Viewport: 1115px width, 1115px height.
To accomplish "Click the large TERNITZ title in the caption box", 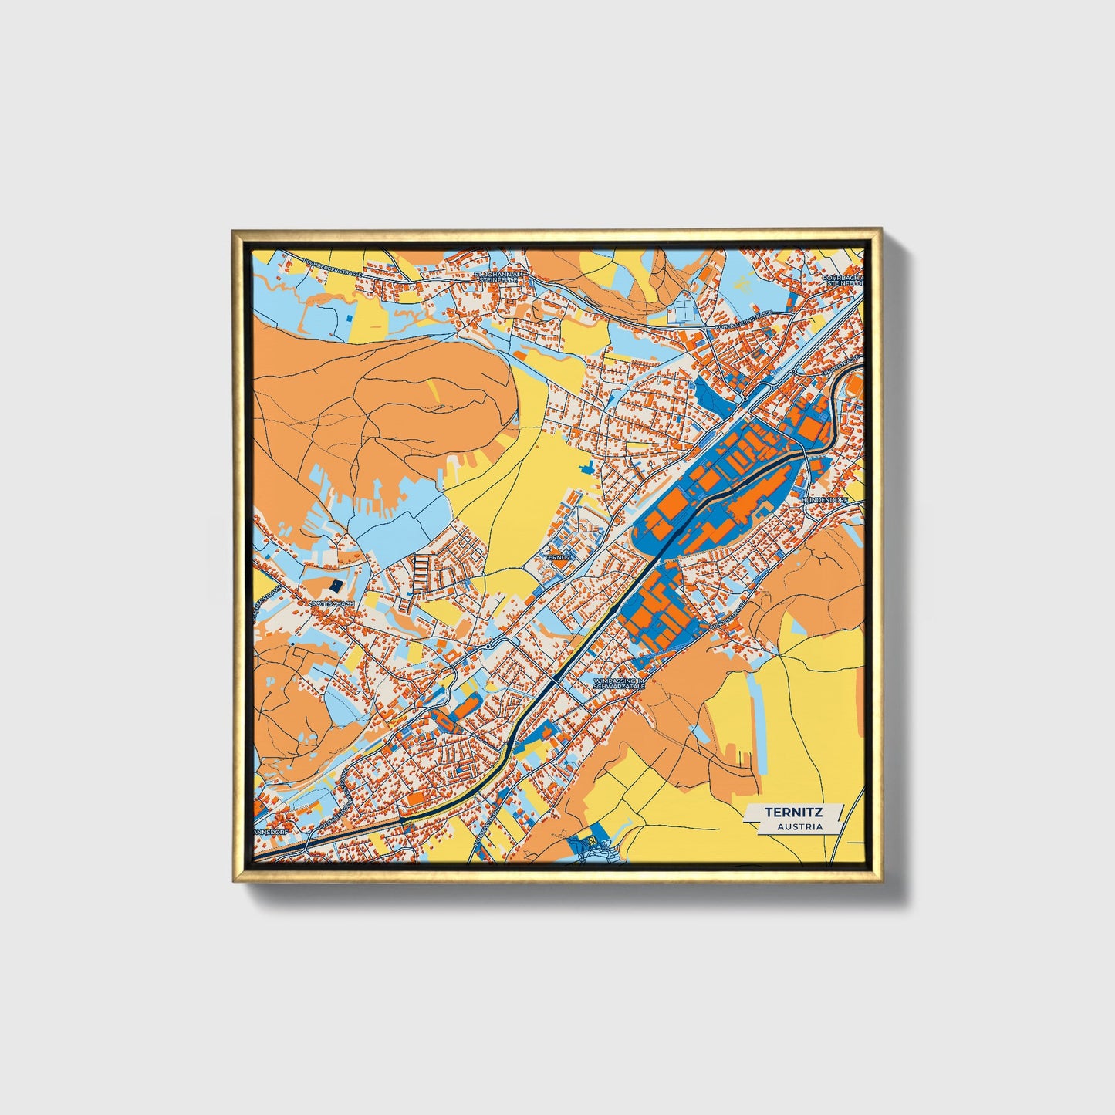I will pos(793,812).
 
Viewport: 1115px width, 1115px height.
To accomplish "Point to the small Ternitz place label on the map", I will pos(557,556).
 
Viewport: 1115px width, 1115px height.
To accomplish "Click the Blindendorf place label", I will pos(825,500).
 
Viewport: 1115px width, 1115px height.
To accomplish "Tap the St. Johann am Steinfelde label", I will pos(500,277).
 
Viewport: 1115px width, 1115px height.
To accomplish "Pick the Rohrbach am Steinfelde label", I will pos(842,279).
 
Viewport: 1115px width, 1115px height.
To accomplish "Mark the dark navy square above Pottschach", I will pos(338,586).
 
